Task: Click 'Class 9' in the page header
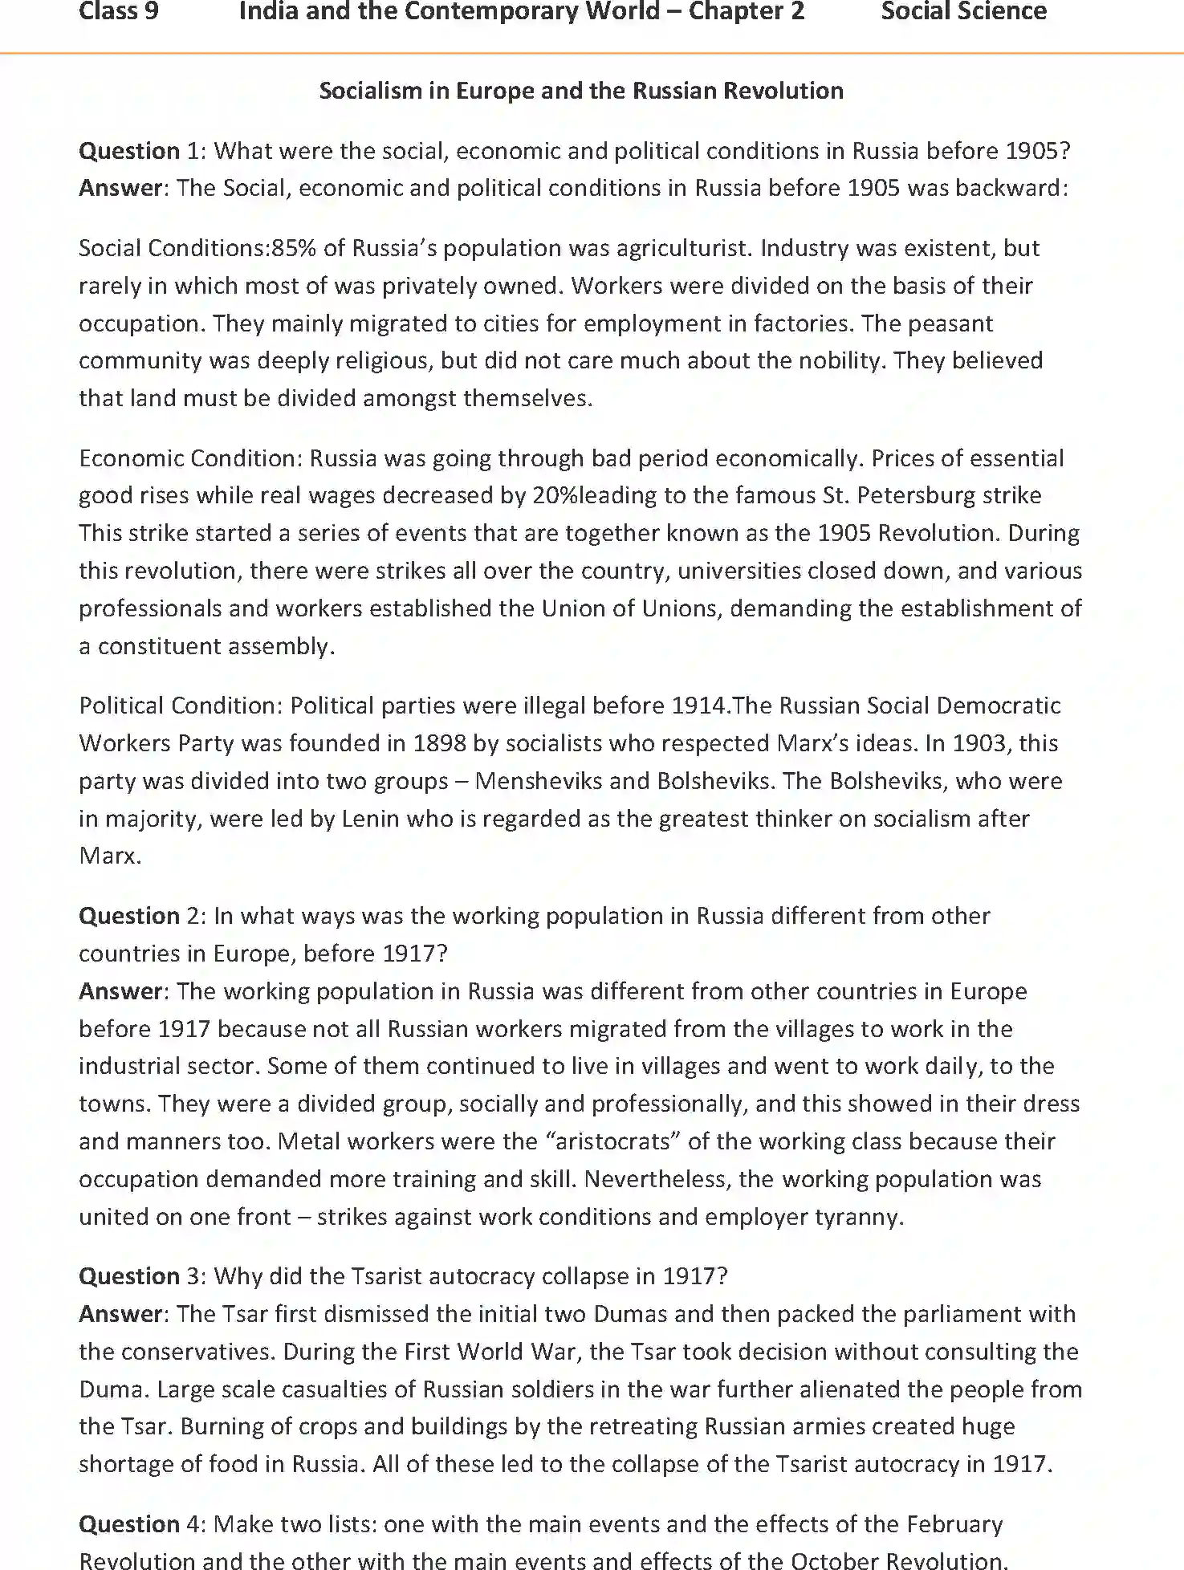pyautogui.click(x=118, y=11)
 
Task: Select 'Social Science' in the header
pyautogui.click(x=963, y=11)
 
